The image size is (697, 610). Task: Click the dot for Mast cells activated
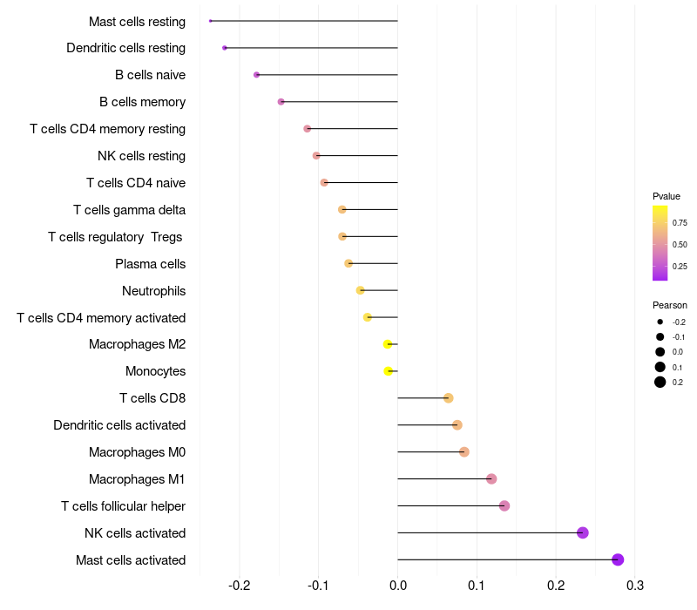tap(618, 559)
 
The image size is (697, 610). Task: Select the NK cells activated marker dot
tap(583, 532)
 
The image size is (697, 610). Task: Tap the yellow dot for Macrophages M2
tap(388, 344)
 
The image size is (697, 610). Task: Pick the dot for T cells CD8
tap(449, 398)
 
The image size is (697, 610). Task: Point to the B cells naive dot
tap(256, 75)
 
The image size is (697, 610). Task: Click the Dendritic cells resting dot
tap(225, 48)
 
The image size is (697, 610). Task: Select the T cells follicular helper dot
tap(504, 505)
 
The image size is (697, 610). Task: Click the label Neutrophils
tap(153, 290)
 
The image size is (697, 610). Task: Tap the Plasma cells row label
tap(150, 263)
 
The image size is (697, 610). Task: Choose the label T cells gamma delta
tap(129, 209)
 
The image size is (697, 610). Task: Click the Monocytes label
tap(155, 371)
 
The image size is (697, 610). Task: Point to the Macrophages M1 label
tap(137, 478)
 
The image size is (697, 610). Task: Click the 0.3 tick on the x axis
tap(635, 584)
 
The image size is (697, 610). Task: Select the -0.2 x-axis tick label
tap(239, 584)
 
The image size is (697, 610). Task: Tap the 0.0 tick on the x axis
tap(397, 584)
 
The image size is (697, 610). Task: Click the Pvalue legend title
tap(667, 196)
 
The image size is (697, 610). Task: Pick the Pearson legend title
tap(670, 305)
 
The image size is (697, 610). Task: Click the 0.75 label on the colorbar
tap(680, 223)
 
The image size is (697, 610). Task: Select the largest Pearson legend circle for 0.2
tap(660, 382)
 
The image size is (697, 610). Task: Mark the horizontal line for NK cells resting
tap(357, 156)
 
